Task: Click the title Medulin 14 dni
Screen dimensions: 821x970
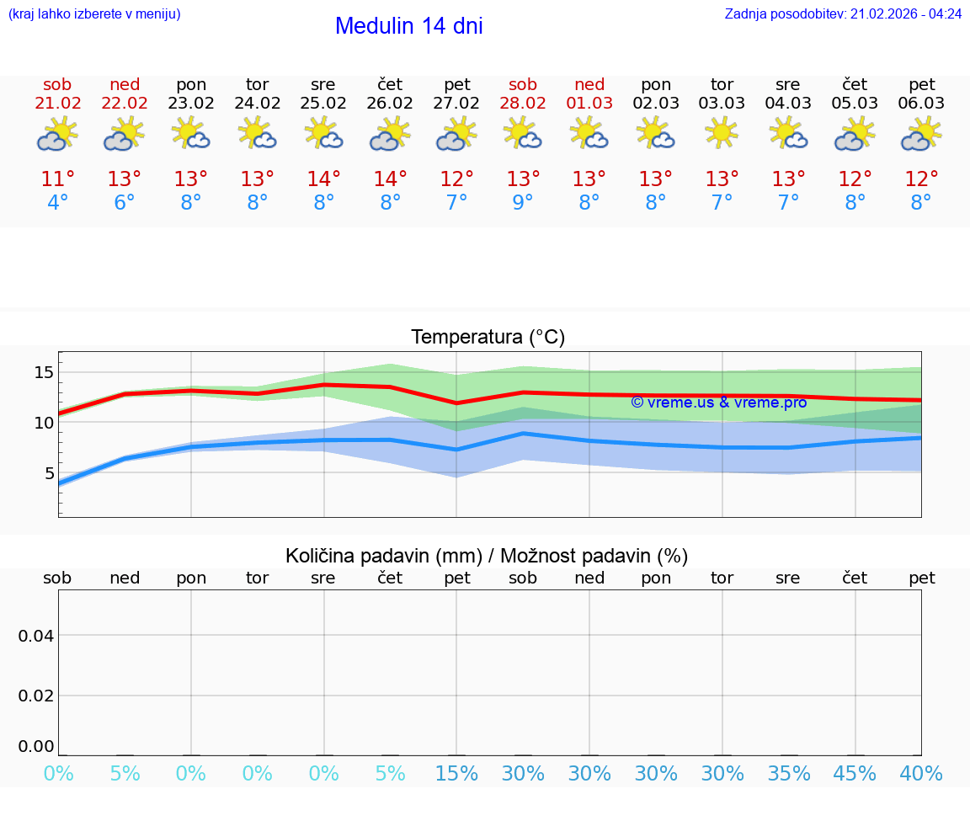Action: pyautogui.click(x=408, y=26)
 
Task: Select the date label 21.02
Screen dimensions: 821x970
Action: pyautogui.click(x=58, y=104)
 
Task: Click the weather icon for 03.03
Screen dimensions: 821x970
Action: pyautogui.click(x=722, y=133)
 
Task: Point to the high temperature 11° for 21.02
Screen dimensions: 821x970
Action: pyautogui.click(x=58, y=179)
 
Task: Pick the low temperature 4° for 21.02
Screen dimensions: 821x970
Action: pyautogui.click(x=58, y=203)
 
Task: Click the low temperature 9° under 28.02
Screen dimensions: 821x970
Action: pyautogui.click(x=523, y=203)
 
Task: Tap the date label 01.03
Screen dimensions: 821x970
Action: pyautogui.click(x=589, y=104)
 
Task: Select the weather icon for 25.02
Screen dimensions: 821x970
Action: pyautogui.click(x=323, y=133)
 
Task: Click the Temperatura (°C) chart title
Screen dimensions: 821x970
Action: pyautogui.click(x=488, y=338)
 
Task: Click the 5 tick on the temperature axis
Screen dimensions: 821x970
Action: pyautogui.click(x=49, y=472)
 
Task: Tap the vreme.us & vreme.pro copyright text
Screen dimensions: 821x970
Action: pyautogui.click(x=718, y=403)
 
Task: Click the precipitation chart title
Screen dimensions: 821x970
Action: pyautogui.click(x=487, y=556)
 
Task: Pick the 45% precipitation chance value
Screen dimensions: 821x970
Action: pyautogui.click(x=855, y=774)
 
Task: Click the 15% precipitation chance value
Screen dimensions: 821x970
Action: pyautogui.click(x=456, y=774)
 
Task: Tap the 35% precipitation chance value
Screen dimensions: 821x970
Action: pyautogui.click(x=789, y=774)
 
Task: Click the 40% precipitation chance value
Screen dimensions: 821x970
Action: pyautogui.click(x=921, y=774)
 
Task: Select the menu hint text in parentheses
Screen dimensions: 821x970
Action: pyautogui.click(x=94, y=14)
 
